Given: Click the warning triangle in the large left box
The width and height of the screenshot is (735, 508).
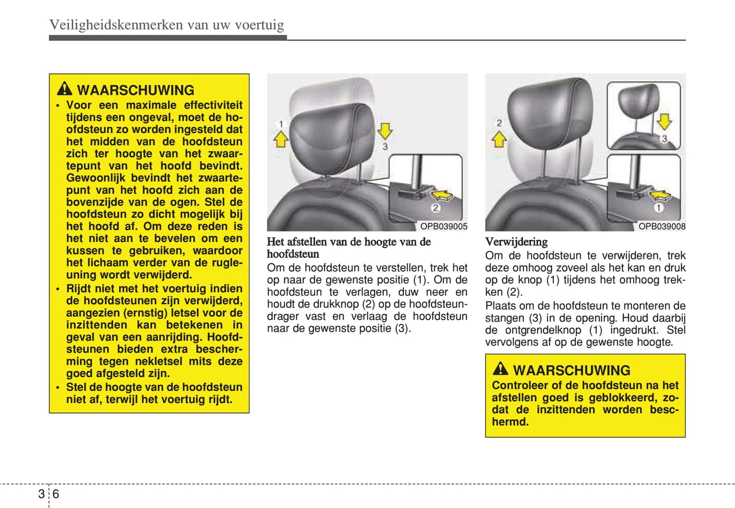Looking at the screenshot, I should (64, 89).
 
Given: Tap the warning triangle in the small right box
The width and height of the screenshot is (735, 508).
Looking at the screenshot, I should (500, 369).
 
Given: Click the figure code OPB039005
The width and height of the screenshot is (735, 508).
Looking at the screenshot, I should (444, 227).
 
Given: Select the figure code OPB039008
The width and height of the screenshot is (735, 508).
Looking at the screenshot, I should (662, 227).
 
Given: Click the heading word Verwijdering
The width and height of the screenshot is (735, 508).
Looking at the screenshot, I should (516, 242).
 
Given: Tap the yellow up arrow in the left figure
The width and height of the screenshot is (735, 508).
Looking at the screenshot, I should (281, 139).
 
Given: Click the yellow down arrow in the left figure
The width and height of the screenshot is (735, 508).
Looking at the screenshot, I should (385, 131).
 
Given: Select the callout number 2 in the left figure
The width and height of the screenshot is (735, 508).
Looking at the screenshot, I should (435, 208).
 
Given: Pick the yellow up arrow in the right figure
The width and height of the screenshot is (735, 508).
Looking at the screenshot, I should (499, 139).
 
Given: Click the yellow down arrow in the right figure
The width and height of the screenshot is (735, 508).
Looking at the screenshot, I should (664, 122).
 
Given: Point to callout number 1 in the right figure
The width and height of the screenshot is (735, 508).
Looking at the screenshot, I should (659, 208).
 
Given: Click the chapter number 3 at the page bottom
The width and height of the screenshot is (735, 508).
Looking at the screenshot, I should (41, 494).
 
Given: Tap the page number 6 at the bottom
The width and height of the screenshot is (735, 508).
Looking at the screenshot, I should (55, 494).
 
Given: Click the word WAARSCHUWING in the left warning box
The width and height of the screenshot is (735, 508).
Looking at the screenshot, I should (135, 90).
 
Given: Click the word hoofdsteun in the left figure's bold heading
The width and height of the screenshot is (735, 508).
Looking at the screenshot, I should (293, 254).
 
